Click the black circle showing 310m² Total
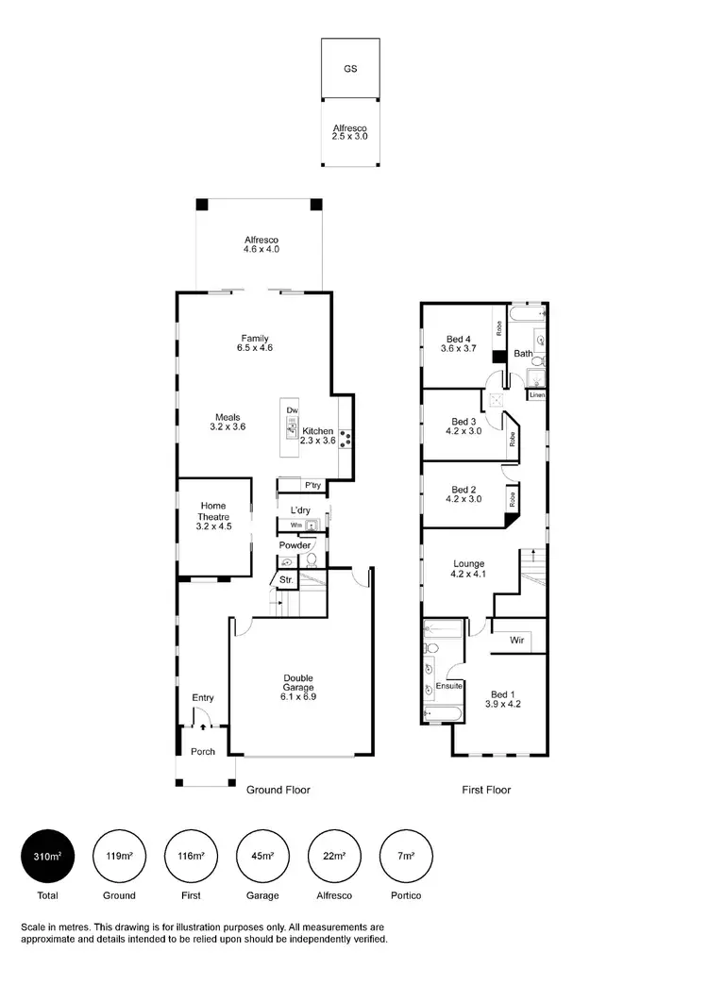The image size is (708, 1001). pos(47,856)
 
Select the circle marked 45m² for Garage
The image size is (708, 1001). pos(261,856)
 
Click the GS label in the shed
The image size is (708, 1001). pos(350,69)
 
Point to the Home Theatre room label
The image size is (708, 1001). pos(213,517)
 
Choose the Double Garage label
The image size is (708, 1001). pos(298,687)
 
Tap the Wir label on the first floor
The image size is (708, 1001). pos(517,641)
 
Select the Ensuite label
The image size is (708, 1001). pos(447,686)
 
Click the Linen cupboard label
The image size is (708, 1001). pos(536,395)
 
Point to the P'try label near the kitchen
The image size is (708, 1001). pos(312,486)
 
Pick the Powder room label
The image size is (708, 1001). pos(295,545)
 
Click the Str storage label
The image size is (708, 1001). pos(285,580)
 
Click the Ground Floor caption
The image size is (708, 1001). pos(278,790)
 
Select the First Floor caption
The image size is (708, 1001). pos(486,790)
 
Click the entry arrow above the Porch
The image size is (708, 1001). pos(203,727)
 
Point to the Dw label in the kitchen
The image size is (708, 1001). pos(293,411)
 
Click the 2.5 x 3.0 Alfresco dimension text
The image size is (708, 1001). pos(349,137)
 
